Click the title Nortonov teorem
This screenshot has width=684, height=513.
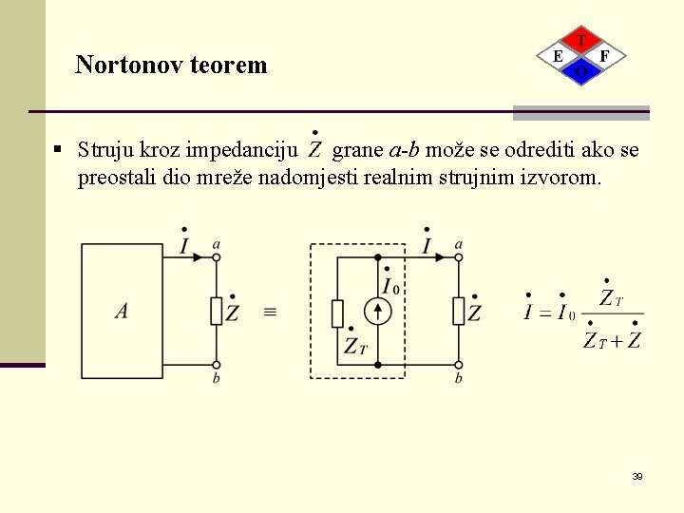(x=171, y=65)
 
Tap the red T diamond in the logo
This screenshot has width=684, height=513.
(x=581, y=41)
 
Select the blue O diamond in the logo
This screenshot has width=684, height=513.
(x=581, y=71)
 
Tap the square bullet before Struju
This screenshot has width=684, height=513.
(x=59, y=149)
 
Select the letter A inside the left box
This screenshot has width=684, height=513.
(x=122, y=311)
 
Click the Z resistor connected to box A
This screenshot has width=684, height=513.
(x=217, y=311)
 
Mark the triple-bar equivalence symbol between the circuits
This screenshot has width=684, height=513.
(x=270, y=312)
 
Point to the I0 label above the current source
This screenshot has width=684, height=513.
(x=389, y=282)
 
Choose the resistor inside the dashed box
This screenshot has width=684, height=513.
(x=337, y=313)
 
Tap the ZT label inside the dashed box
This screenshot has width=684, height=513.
(x=354, y=347)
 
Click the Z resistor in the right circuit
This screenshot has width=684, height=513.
(x=459, y=311)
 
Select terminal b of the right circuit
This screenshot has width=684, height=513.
(x=459, y=365)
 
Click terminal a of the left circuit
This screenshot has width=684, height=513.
(x=217, y=256)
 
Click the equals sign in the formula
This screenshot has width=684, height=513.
(x=546, y=313)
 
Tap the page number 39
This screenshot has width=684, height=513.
(x=637, y=476)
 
